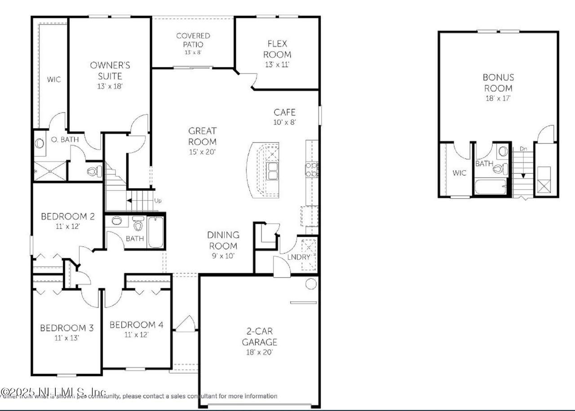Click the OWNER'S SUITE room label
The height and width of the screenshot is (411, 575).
110,71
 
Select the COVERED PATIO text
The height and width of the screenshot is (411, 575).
193,40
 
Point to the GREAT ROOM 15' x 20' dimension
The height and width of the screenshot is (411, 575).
202,152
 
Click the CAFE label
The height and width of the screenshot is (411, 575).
284,112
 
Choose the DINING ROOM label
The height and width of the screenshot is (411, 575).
223,240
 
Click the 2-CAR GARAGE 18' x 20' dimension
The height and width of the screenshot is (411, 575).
260,352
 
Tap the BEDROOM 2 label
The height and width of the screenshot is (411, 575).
67,217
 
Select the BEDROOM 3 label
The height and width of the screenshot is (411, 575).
66,328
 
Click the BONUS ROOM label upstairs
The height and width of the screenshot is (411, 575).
498,83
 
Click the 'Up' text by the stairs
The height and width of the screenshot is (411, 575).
158,200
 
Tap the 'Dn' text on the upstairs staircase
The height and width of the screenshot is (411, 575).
523,149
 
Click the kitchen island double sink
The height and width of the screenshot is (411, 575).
272,171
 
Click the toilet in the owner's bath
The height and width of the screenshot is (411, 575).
94,171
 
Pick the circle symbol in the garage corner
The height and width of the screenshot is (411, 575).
310,284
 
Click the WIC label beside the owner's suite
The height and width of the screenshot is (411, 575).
54,80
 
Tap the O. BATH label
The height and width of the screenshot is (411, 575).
64,139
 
